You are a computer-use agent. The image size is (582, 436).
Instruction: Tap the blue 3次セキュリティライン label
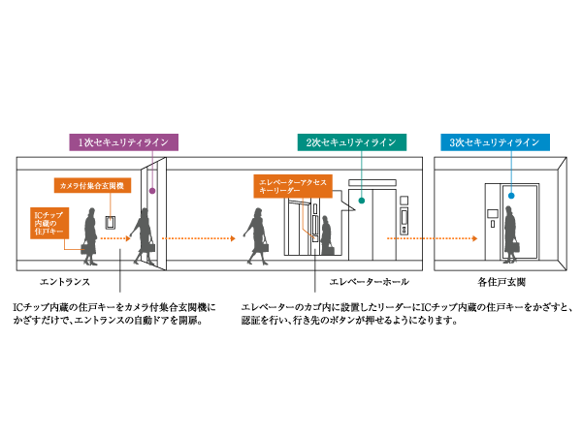(x=494, y=142)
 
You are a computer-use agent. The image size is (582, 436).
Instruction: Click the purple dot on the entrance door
(x=151, y=190)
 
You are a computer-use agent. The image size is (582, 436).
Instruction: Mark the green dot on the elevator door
(x=361, y=202)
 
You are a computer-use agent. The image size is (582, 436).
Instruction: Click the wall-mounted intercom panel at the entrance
(x=112, y=220)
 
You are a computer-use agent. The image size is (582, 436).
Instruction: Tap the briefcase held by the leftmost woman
(x=88, y=249)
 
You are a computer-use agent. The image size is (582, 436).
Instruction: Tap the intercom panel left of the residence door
(x=492, y=214)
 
